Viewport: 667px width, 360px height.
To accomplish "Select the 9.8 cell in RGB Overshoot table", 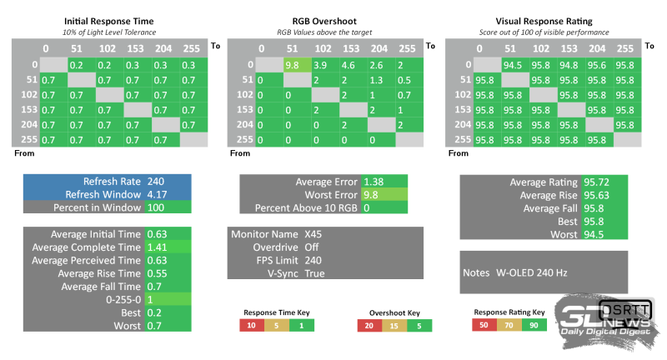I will pos(292,64).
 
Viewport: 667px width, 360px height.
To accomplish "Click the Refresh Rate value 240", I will pos(156,181).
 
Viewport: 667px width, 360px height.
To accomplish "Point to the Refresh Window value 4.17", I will pos(157,194).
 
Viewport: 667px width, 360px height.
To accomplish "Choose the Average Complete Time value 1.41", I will pos(157,247).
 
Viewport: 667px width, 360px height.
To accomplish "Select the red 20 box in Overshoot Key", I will pos(367,325).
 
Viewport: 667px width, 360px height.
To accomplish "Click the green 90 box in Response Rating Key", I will pos(534,324).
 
